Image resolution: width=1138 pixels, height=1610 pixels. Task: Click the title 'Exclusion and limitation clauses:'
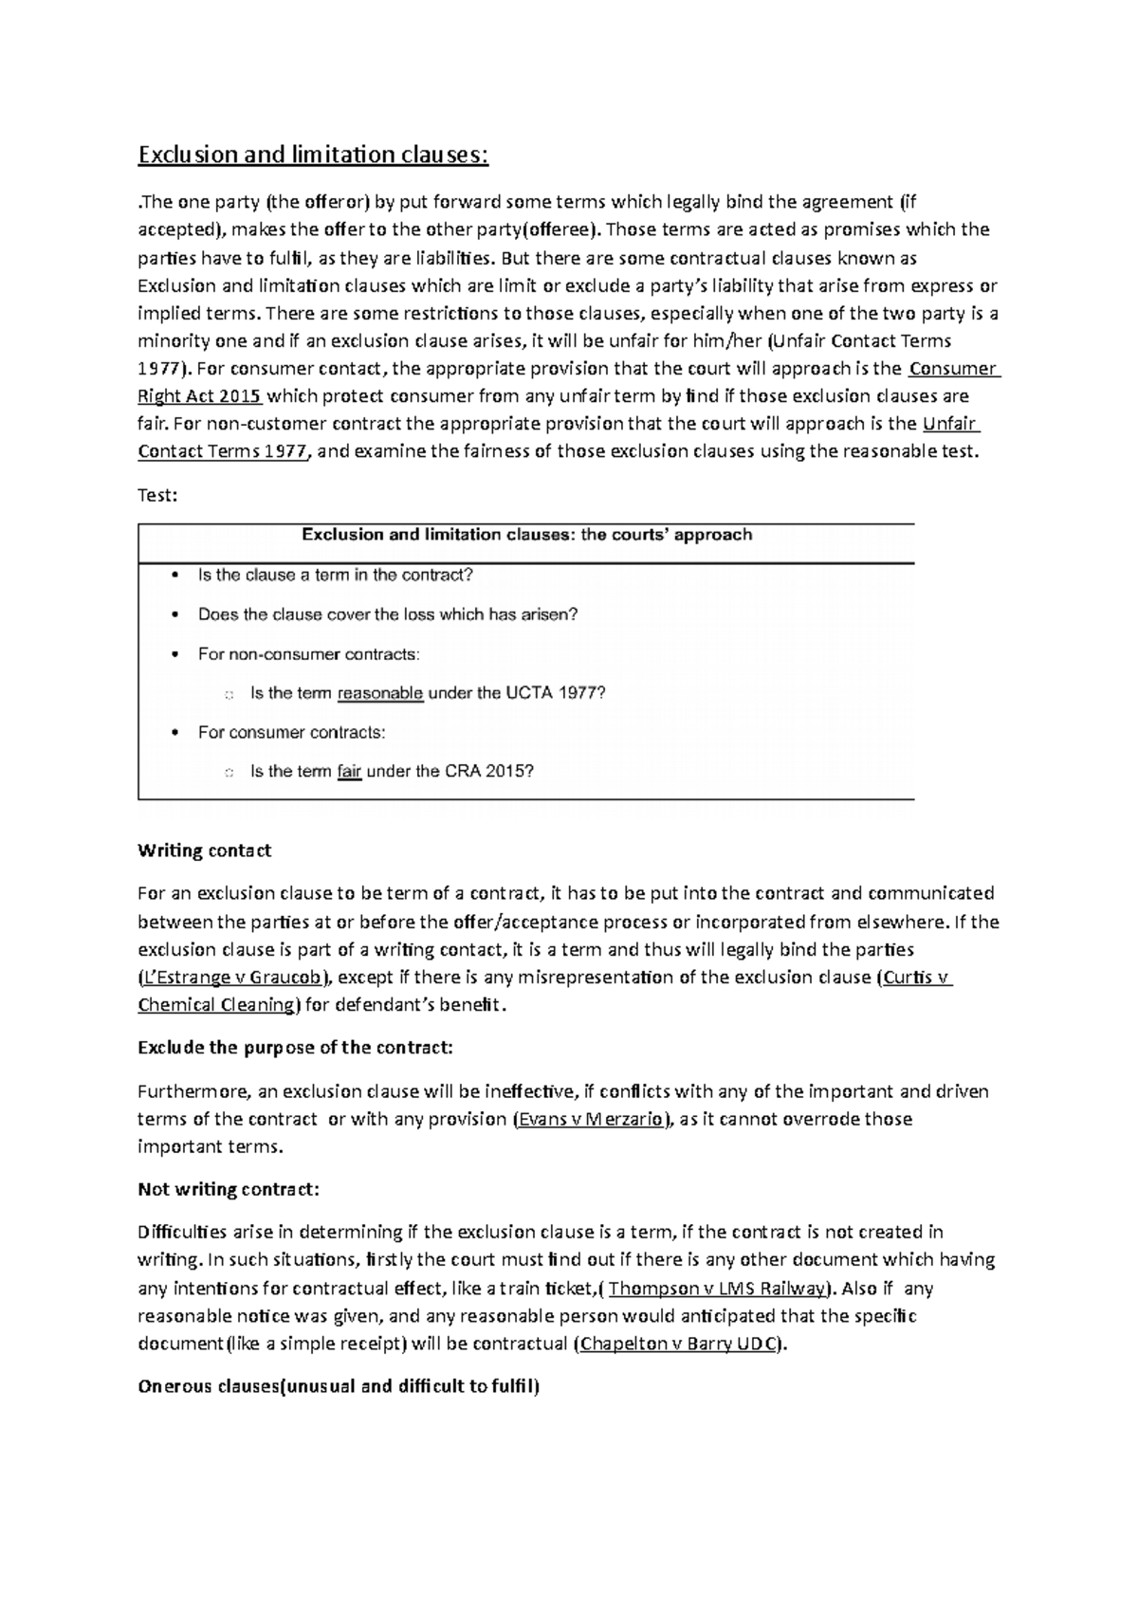pos(313,155)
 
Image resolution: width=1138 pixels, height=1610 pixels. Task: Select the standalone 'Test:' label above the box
pos(157,495)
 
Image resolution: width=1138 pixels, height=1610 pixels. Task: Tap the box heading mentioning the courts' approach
pos(526,535)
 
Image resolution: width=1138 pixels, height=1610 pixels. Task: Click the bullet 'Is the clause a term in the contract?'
pos(335,576)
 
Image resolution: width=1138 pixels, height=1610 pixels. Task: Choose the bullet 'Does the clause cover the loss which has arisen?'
pos(387,614)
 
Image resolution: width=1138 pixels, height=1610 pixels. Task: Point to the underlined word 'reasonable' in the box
pos(379,693)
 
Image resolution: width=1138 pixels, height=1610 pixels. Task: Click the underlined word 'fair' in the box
pos(349,772)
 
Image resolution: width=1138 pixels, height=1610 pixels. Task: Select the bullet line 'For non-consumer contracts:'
pos(308,654)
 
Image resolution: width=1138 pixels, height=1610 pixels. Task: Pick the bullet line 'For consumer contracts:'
pos(291,733)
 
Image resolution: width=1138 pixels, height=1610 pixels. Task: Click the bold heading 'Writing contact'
pos(204,851)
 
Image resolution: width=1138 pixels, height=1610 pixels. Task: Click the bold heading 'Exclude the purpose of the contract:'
pos(295,1048)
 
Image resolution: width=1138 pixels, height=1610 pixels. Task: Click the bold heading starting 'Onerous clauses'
pos(339,1386)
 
